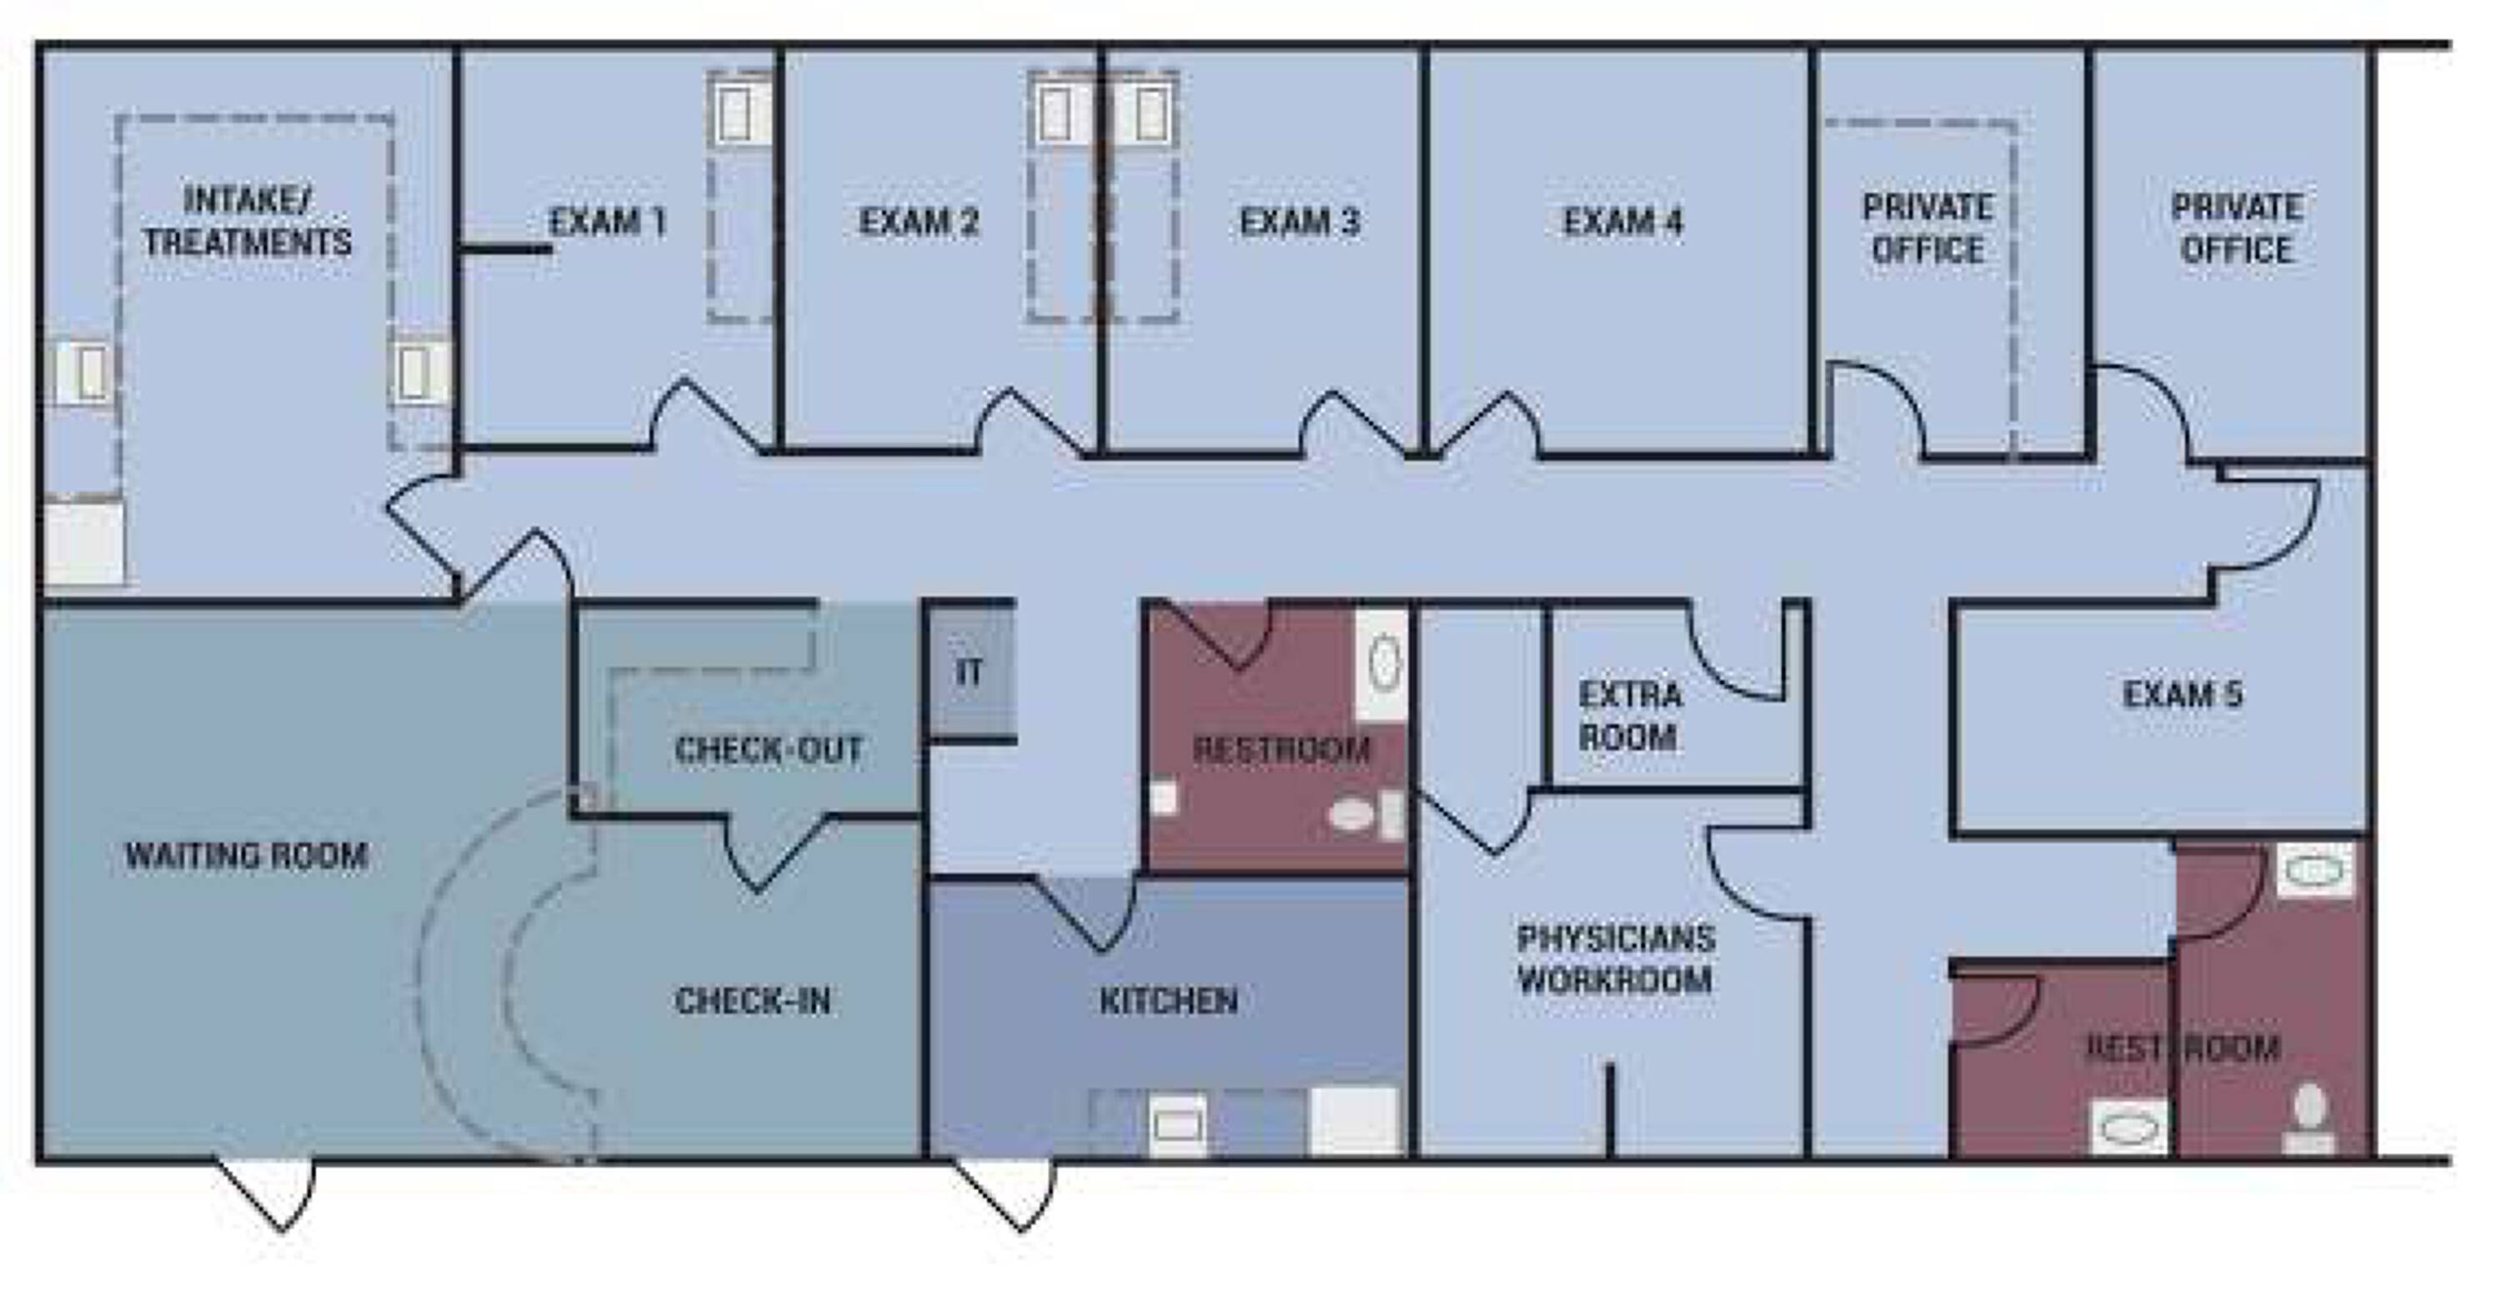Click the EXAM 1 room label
click(608, 223)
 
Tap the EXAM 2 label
click(919, 223)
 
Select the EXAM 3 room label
click(1299, 223)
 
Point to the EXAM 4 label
click(1622, 223)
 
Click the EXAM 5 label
click(2183, 695)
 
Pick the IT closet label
click(969, 672)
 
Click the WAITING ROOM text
click(247, 855)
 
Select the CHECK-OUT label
click(769, 750)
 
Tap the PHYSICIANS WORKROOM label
click(1616, 958)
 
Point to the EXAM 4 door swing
click(1486, 424)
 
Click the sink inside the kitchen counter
click(1178, 1126)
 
